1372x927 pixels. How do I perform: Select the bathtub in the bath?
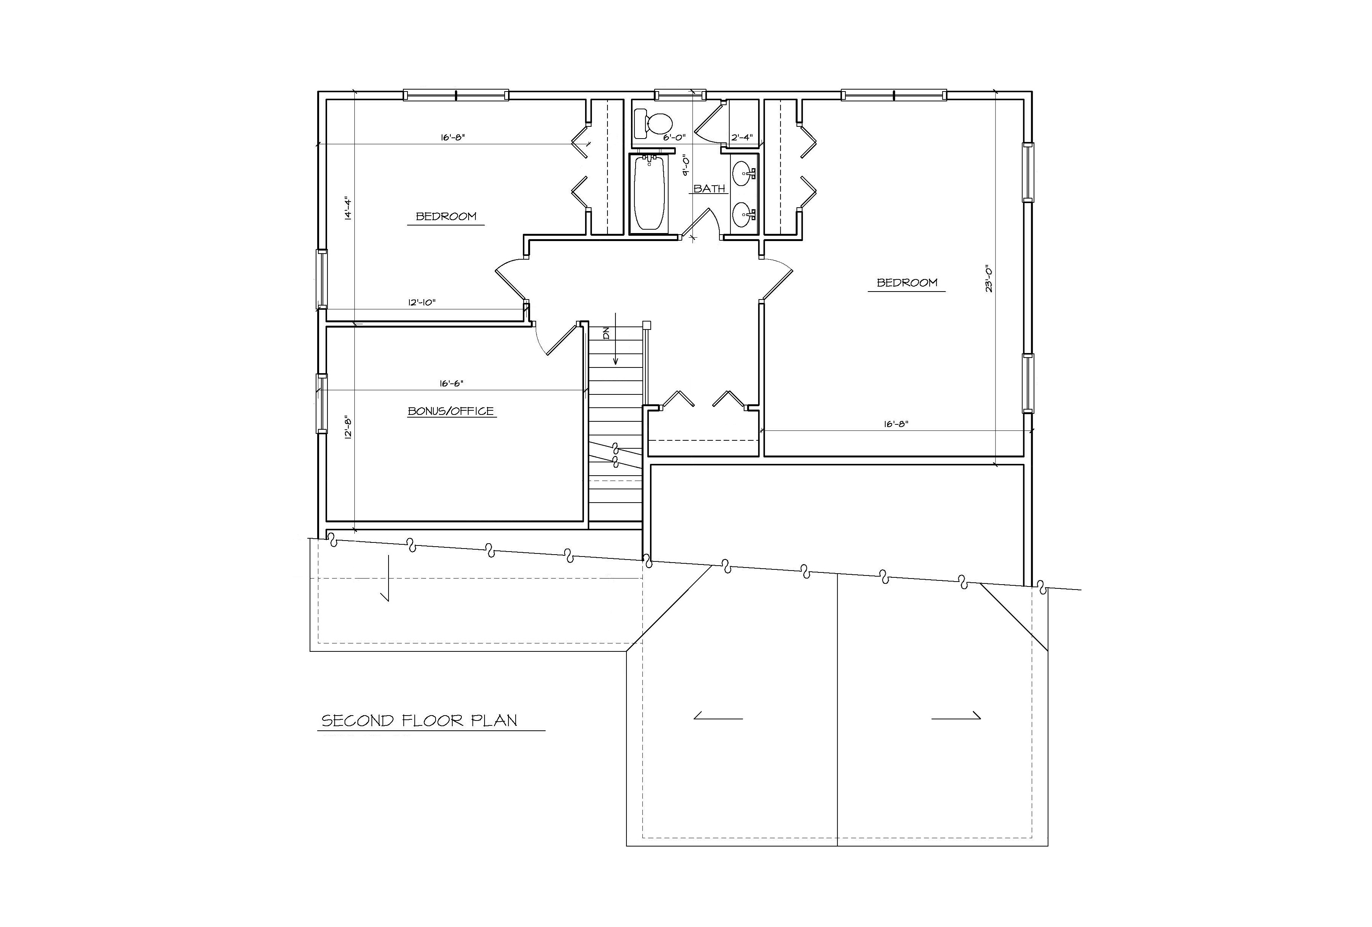pos(650,192)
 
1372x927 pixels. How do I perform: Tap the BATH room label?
pos(709,188)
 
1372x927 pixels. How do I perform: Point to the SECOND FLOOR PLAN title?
pos(419,721)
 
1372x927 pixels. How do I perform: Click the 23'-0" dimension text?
pos(989,279)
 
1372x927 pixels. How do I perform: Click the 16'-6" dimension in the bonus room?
pos(451,383)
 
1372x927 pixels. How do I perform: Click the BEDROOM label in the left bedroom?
pos(446,216)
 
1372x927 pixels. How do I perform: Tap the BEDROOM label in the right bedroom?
pos(907,282)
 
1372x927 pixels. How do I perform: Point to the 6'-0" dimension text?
pos(674,137)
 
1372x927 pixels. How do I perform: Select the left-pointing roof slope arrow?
pos(718,717)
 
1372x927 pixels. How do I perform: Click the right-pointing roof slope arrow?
pos(956,717)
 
